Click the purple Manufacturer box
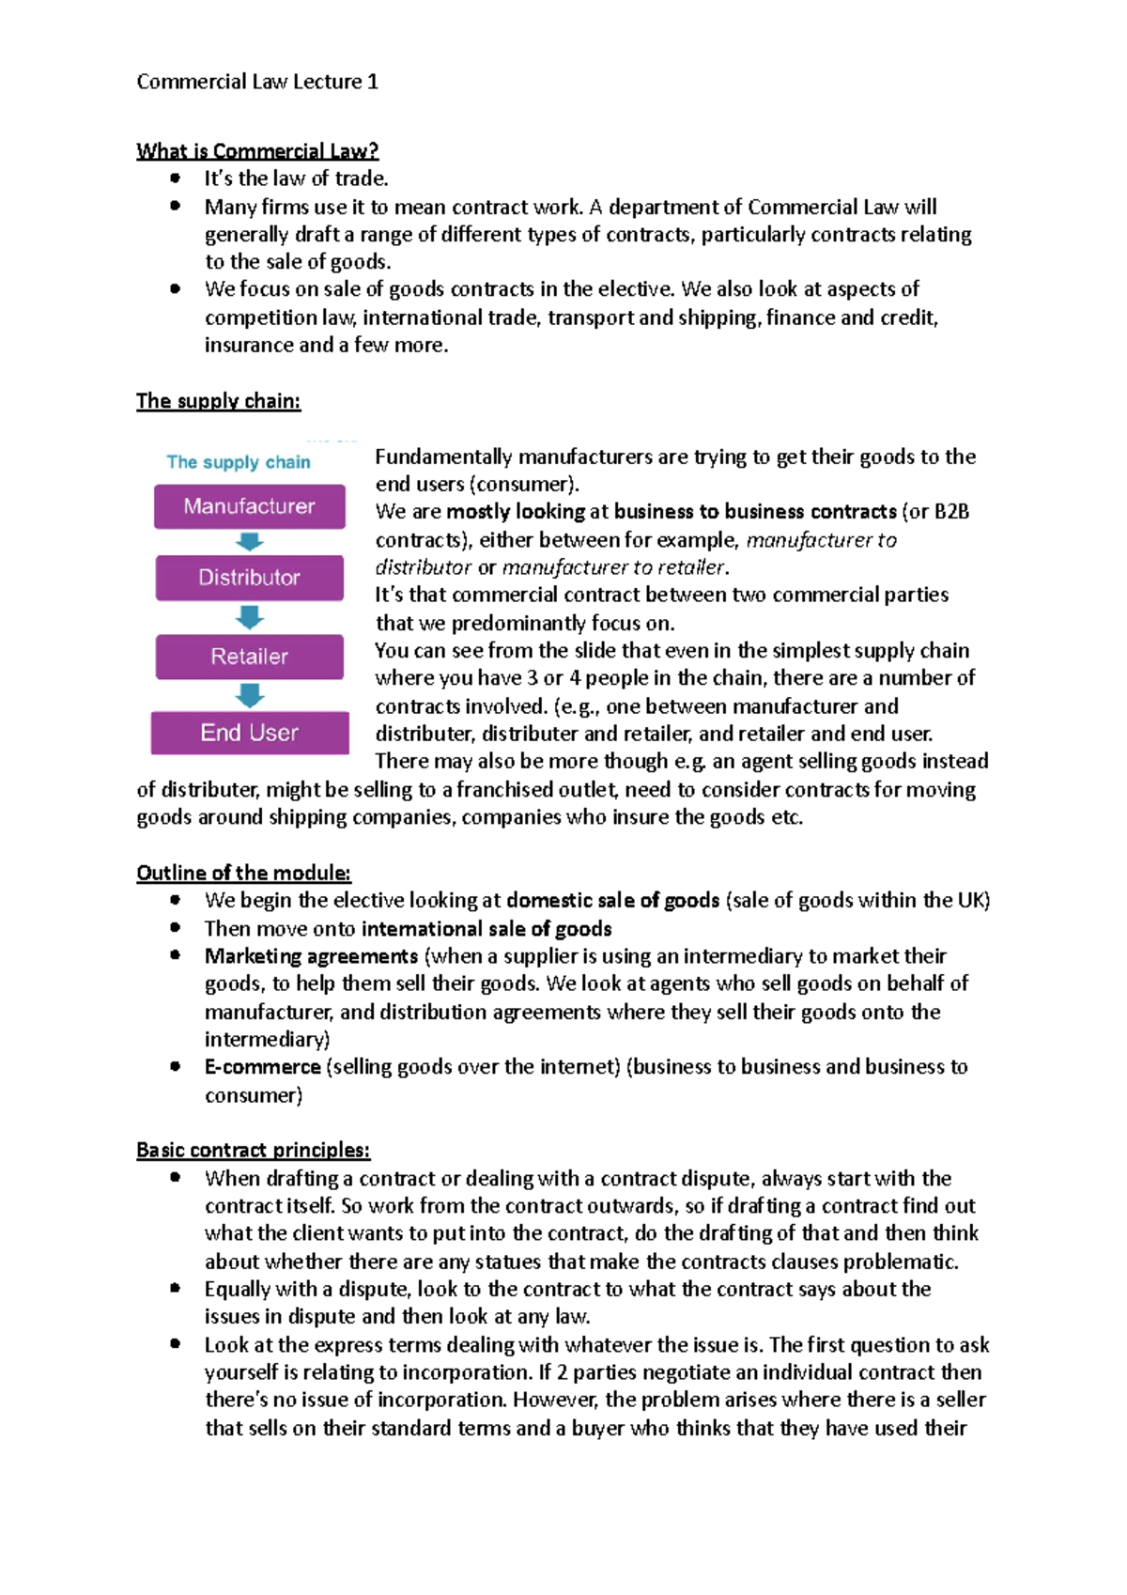point(249,506)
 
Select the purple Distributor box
point(249,577)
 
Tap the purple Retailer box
point(249,656)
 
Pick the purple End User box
point(249,732)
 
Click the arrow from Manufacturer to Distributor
point(250,542)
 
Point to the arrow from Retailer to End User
point(250,695)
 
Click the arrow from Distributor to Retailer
point(250,617)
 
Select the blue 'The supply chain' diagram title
point(239,462)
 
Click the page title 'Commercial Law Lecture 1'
point(257,82)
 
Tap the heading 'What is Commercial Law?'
point(257,150)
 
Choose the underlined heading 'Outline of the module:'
point(243,873)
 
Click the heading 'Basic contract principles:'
point(253,1150)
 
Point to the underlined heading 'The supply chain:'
point(218,401)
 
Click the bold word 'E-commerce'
point(262,1067)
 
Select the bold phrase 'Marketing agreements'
point(311,956)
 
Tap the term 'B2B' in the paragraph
point(951,512)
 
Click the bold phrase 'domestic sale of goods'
point(612,901)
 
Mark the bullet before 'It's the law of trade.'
point(175,178)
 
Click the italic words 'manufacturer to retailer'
point(613,567)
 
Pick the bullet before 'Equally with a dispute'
point(175,1288)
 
